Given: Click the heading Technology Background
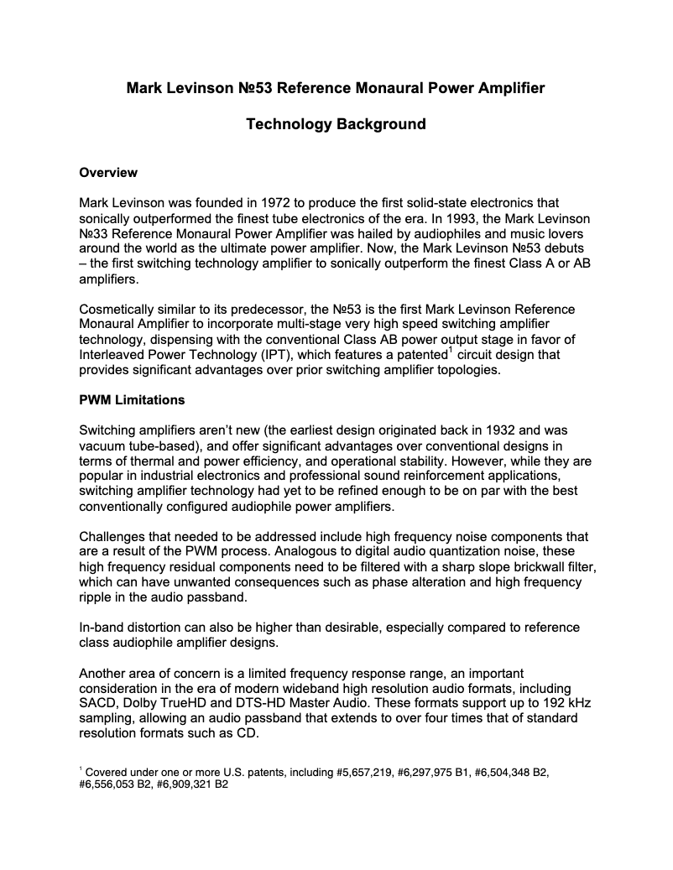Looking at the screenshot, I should coord(336,124).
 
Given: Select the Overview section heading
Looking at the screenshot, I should coord(107,173).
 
